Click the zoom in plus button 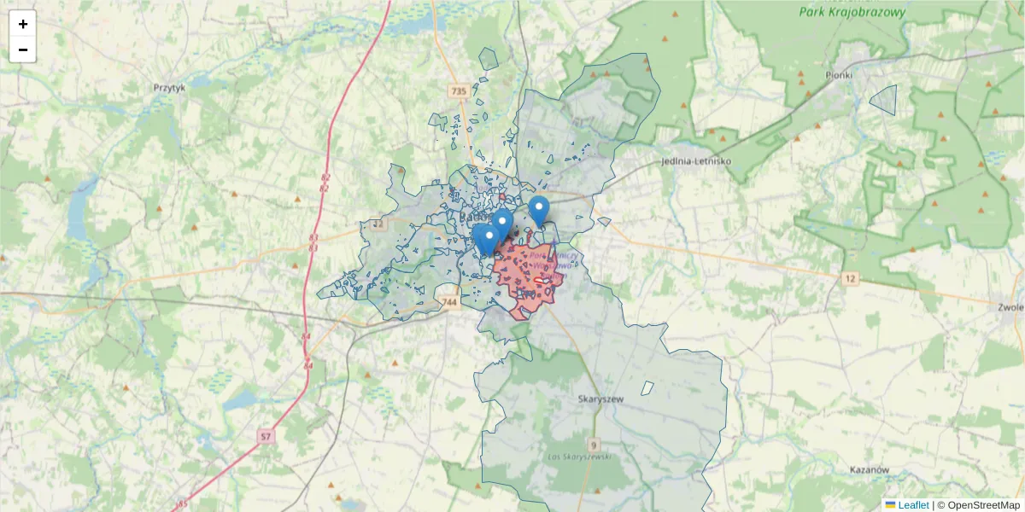23,24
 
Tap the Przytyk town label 169,87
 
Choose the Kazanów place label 870,470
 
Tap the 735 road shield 459,90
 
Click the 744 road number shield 451,302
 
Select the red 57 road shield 266,437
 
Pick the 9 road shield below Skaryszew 594,445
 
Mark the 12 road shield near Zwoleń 850,279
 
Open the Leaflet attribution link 912,505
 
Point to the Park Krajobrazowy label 846,13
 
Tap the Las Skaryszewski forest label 580,458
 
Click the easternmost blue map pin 538,210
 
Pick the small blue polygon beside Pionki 884,100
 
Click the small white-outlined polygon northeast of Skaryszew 647,387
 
